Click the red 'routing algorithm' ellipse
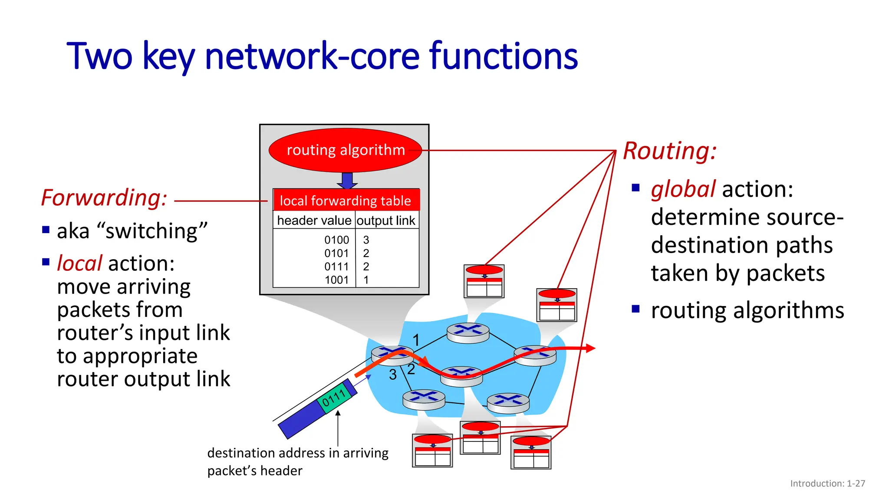point(345,150)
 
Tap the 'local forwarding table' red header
point(346,201)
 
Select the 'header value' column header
point(314,220)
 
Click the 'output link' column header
point(386,220)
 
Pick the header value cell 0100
point(336,240)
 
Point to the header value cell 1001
point(336,280)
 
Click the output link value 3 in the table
point(366,240)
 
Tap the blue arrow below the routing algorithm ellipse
point(347,180)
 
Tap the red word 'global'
point(683,190)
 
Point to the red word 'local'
point(79,263)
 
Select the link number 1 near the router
point(416,340)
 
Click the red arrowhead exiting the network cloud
point(589,348)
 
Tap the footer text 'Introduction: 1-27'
point(827,484)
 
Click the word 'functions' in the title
point(503,56)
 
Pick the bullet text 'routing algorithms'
point(747,310)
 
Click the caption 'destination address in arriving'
point(298,453)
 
